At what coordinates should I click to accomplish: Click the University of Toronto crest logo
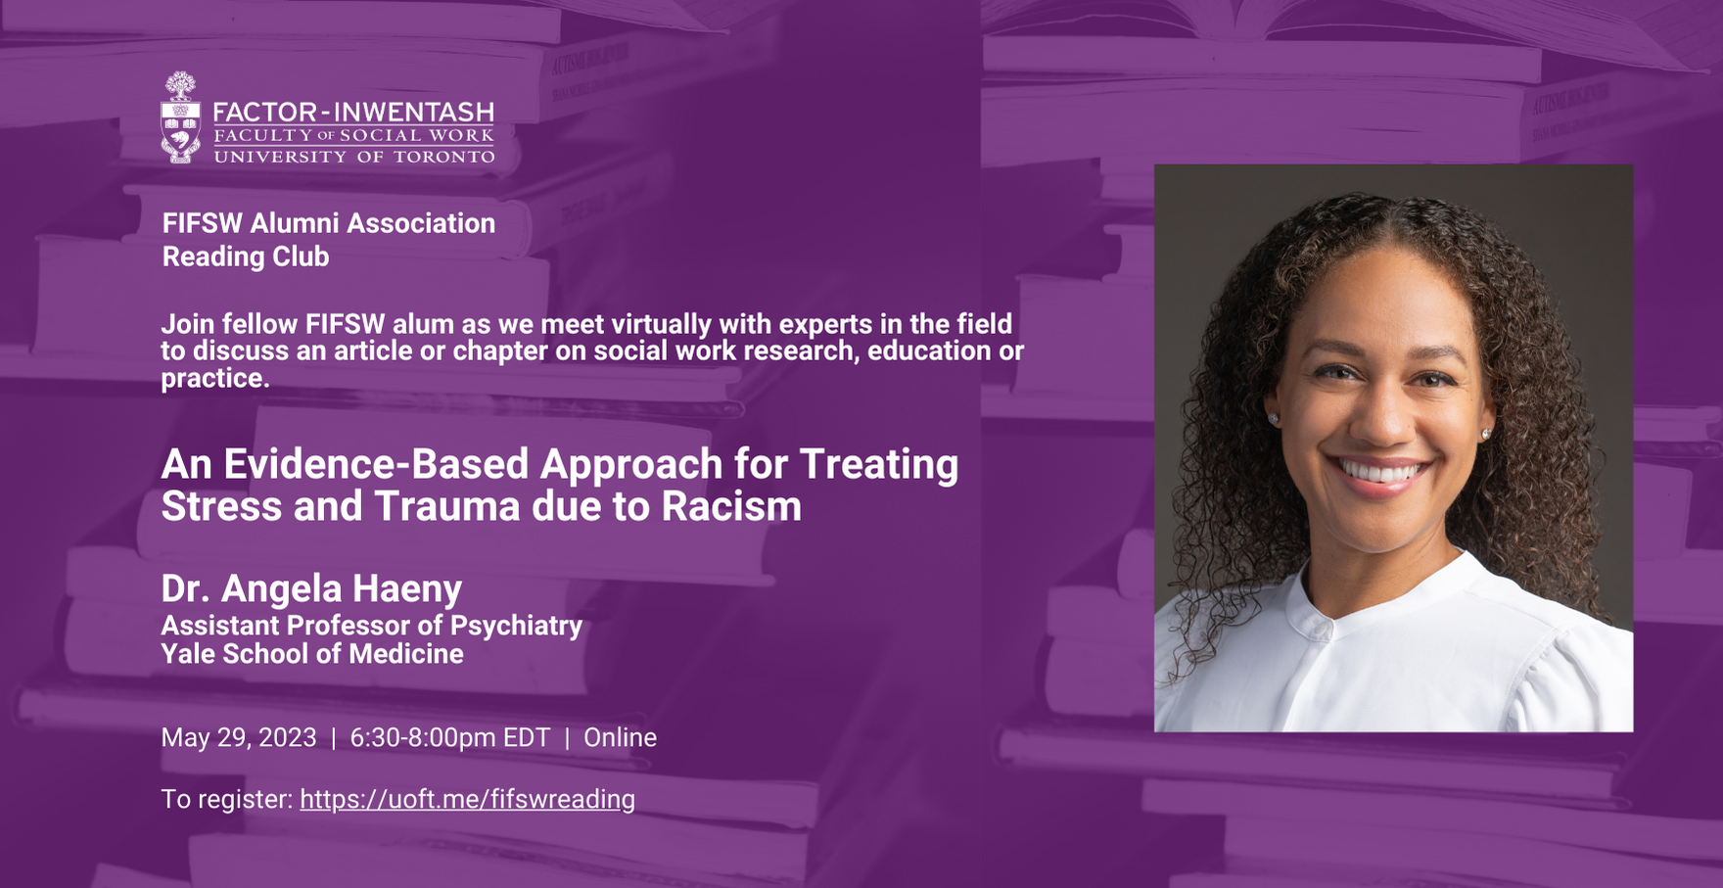point(180,117)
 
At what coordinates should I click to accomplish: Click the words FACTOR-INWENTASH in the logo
point(353,112)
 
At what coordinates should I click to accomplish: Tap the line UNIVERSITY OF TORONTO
point(353,157)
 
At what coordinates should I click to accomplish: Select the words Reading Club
point(245,257)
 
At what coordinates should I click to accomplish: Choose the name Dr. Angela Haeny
point(311,588)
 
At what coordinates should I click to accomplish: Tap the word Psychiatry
point(516,626)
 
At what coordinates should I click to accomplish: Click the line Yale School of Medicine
point(312,653)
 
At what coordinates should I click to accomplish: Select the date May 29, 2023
point(239,737)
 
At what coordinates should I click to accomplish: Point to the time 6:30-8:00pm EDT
point(450,737)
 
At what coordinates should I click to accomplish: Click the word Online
point(620,737)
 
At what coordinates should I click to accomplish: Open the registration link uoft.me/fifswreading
point(467,799)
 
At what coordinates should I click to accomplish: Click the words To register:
point(227,799)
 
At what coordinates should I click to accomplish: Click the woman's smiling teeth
point(1381,473)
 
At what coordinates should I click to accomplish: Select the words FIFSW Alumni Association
point(329,223)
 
